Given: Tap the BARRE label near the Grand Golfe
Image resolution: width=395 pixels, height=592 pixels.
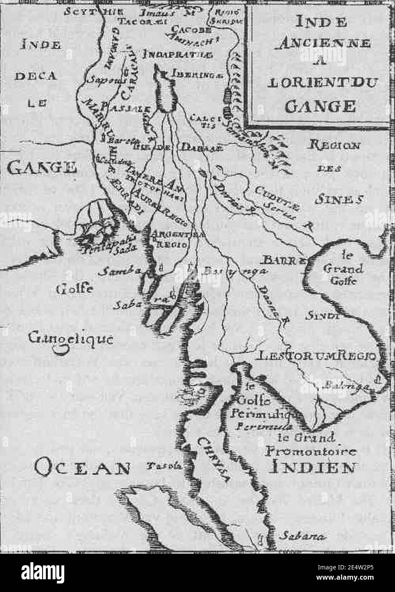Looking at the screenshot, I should [282, 259].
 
